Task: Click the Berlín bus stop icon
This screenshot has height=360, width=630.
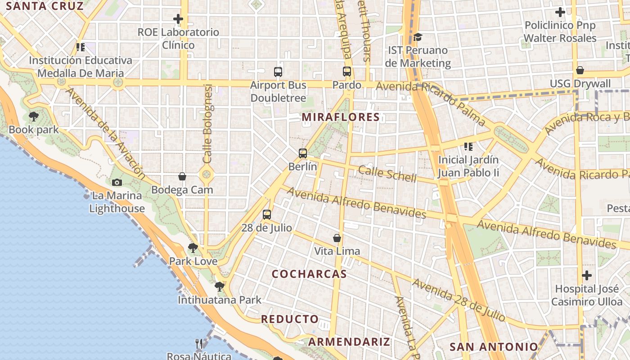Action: click(303, 153)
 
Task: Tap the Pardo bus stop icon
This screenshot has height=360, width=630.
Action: click(346, 72)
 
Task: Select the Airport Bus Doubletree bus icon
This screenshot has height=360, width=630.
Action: click(278, 72)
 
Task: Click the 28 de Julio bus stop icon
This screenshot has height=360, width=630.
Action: click(267, 215)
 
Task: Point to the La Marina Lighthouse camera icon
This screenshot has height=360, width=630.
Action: click(117, 182)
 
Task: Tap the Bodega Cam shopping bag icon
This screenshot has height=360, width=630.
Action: click(182, 176)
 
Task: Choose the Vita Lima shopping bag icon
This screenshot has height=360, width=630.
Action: click(337, 238)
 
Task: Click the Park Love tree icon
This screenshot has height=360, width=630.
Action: click(193, 247)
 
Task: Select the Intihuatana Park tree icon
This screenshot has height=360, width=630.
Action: click(220, 286)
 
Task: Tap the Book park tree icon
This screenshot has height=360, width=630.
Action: click(33, 117)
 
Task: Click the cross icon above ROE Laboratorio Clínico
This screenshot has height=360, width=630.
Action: click(178, 19)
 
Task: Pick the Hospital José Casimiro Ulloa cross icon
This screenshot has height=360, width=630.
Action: click(587, 275)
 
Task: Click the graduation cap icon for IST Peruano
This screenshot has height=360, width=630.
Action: click(418, 37)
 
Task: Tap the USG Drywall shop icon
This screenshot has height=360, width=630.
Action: click(580, 71)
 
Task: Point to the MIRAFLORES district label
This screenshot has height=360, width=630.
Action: click(341, 117)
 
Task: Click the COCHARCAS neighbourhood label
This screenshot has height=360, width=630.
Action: click(309, 274)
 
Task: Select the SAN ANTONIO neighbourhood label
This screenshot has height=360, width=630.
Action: click(494, 347)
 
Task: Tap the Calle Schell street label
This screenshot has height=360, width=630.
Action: click(387, 173)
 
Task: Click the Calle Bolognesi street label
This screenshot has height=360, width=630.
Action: click(207, 124)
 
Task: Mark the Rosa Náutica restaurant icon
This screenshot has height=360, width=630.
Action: click(199, 344)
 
